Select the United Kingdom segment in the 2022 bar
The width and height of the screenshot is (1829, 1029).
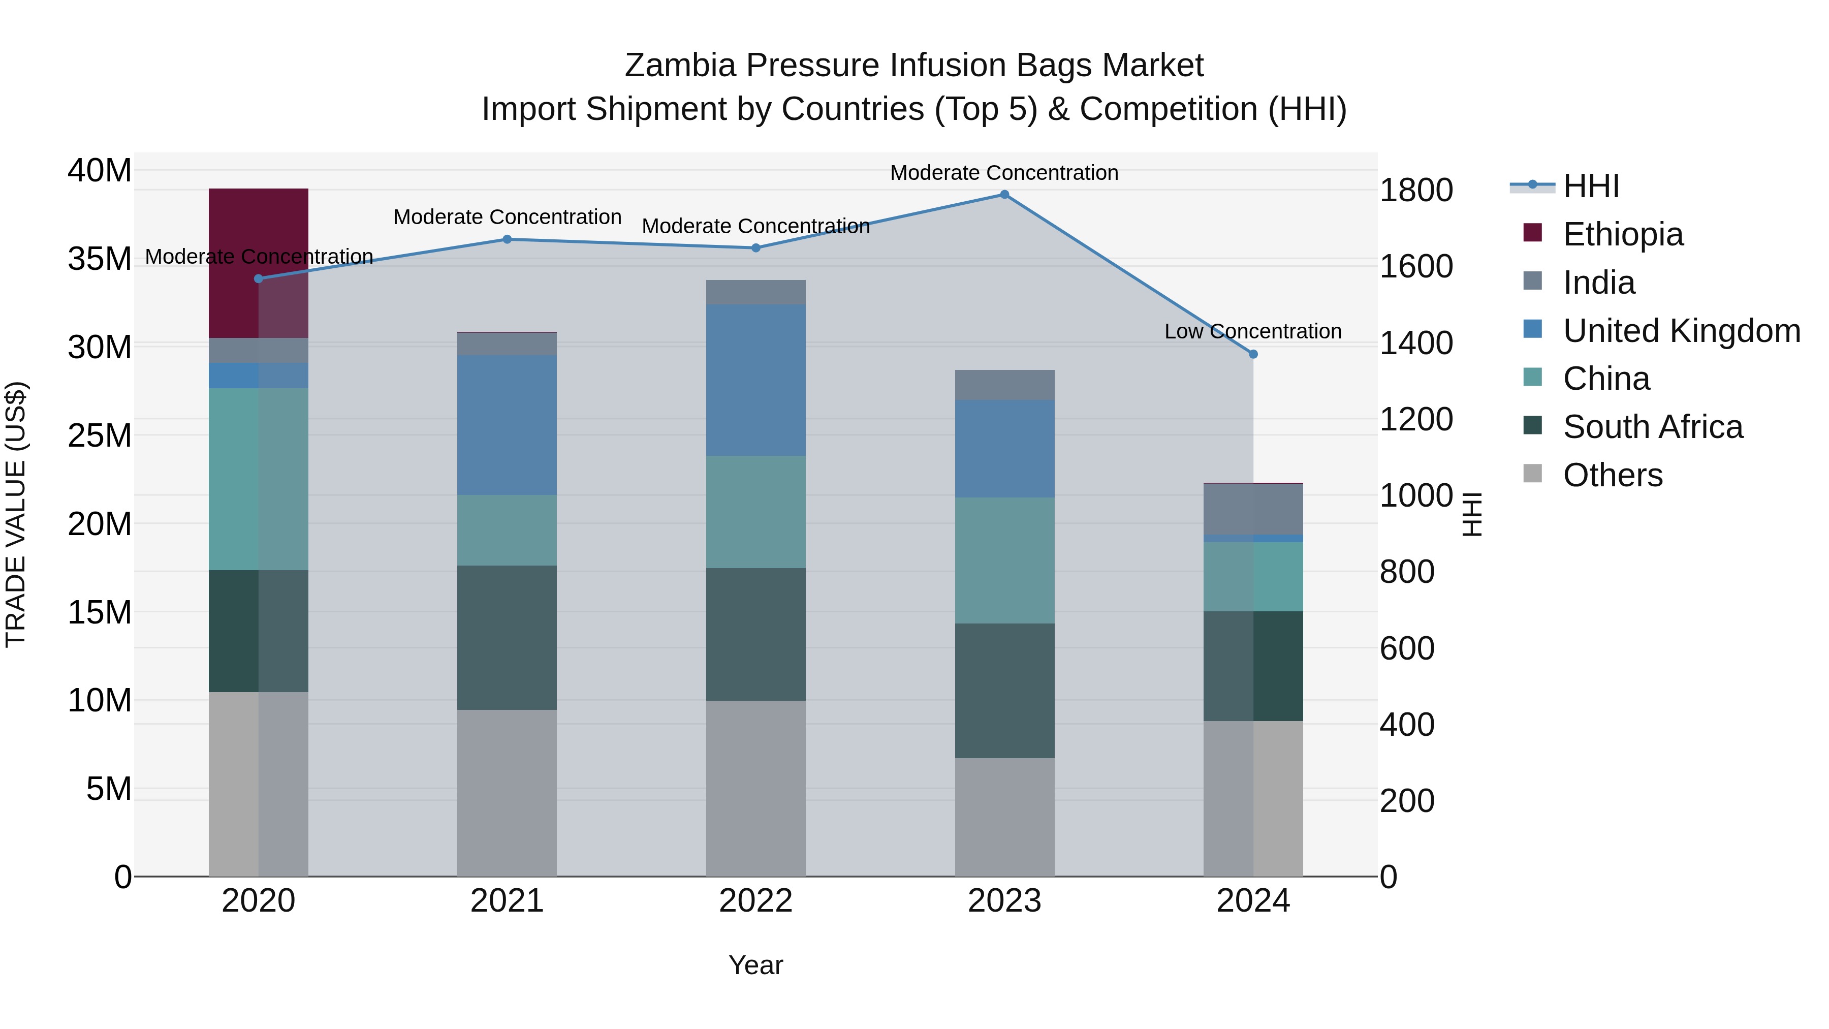[755, 380]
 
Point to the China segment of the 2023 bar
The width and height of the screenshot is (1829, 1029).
[1004, 560]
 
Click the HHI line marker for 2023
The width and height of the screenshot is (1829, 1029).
[1004, 195]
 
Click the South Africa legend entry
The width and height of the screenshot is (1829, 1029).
[1652, 427]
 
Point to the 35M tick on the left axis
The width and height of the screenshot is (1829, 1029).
[100, 259]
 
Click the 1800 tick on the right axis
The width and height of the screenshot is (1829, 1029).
[1415, 191]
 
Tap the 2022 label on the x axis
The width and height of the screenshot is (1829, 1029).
[755, 901]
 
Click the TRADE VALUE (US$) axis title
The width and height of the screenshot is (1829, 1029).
[16, 514]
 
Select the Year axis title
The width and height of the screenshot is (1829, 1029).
[755, 965]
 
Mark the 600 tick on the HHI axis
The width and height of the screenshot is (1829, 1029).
[1406, 648]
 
